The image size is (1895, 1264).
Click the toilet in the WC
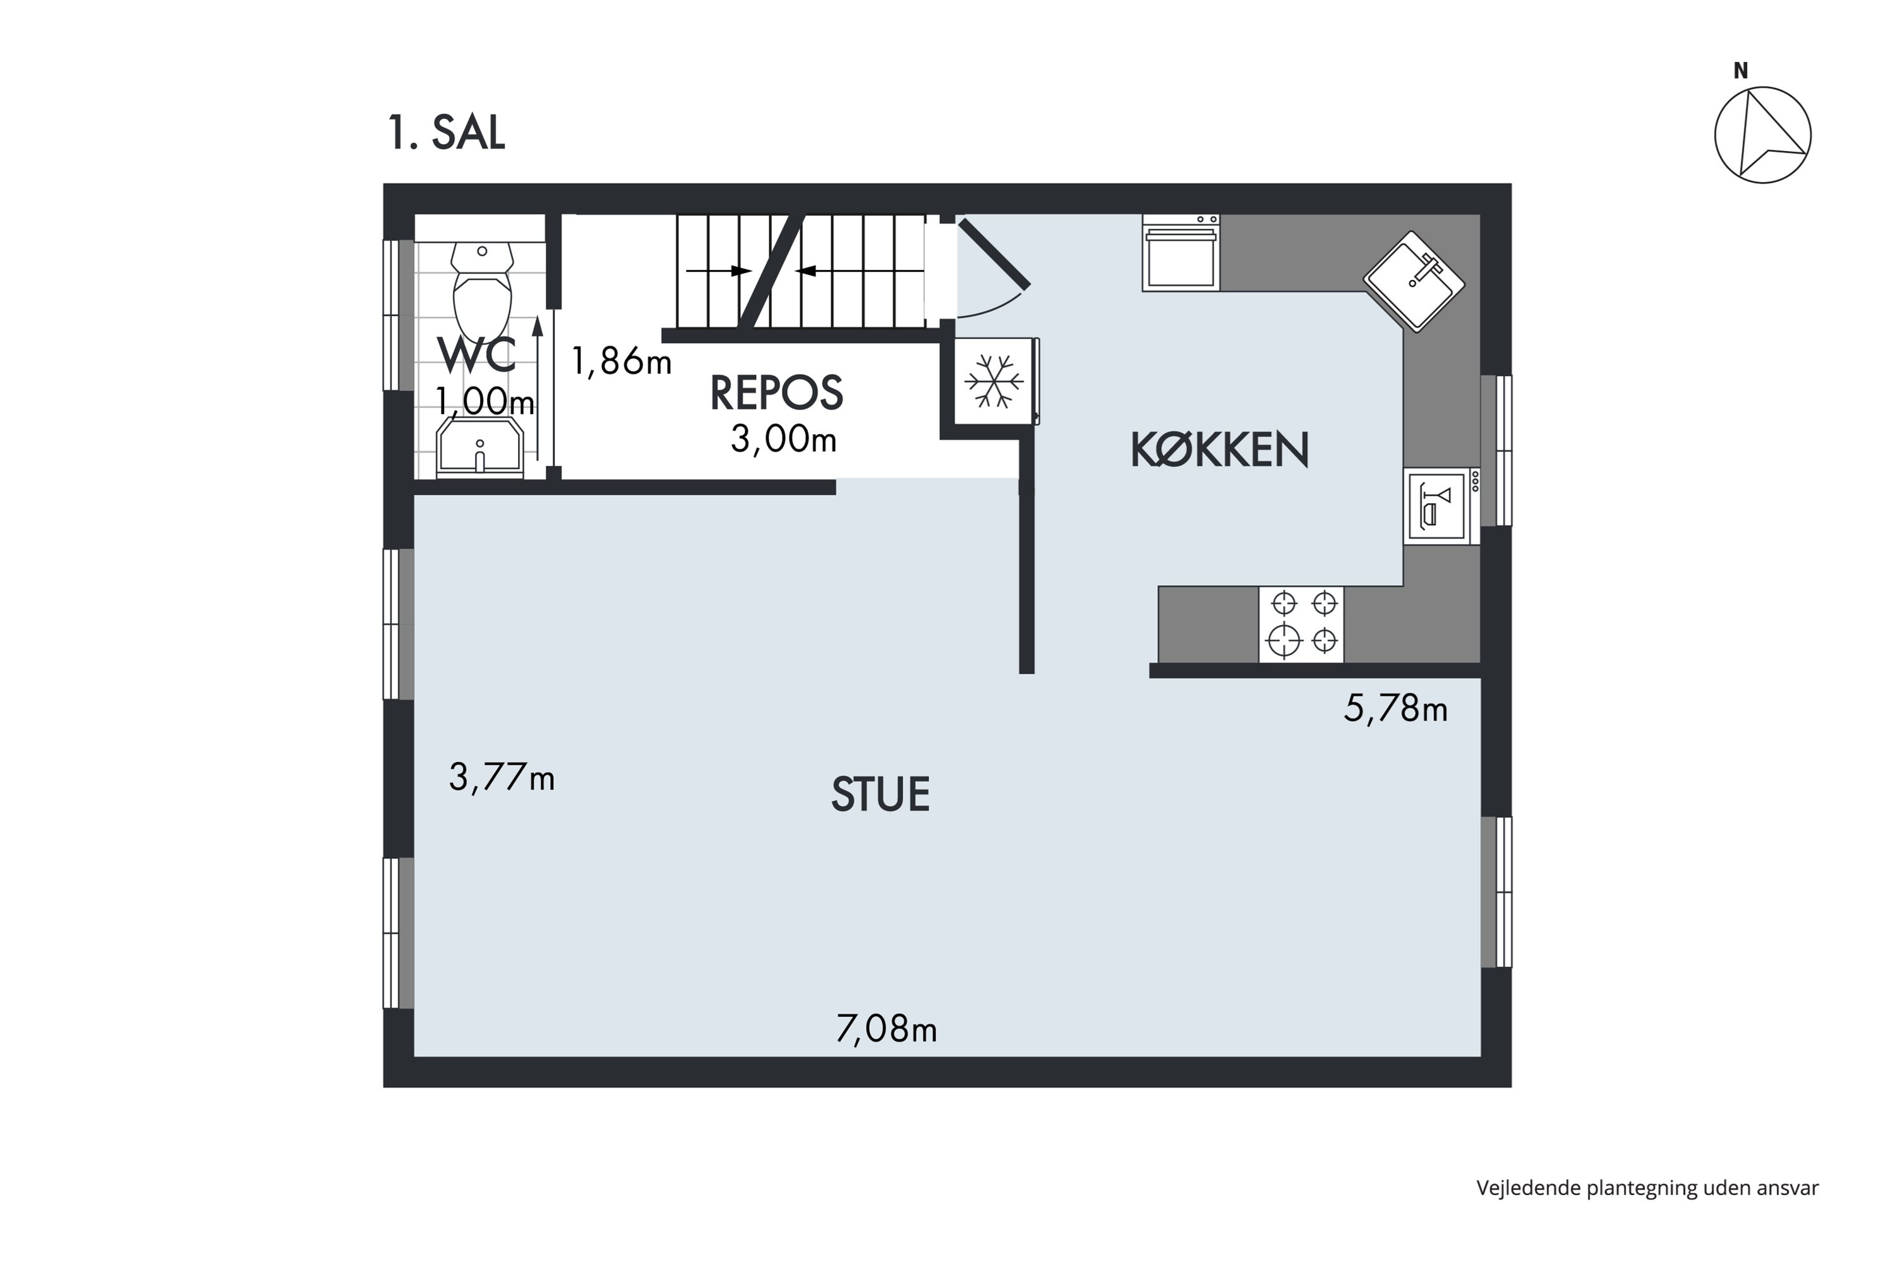pyautogui.click(x=482, y=292)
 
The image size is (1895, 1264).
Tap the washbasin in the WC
pyautogui.click(x=479, y=447)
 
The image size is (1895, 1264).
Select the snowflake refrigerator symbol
pyautogui.click(x=994, y=380)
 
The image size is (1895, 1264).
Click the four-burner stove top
pyautogui.click(x=1301, y=625)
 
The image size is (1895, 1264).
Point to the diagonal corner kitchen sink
pyautogui.click(x=1414, y=281)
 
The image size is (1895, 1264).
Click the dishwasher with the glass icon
pyautogui.click(x=1441, y=506)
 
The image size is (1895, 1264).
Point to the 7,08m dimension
pyautogui.click(x=886, y=1029)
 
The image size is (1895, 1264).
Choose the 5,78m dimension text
pyautogui.click(x=1395, y=708)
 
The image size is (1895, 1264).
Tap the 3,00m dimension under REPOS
pyautogui.click(x=783, y=439)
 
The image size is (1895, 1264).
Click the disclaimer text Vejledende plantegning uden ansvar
pyautogui.click(x=1647, y=1188)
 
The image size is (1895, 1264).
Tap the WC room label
pyautogui.click(x=476, y=355)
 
